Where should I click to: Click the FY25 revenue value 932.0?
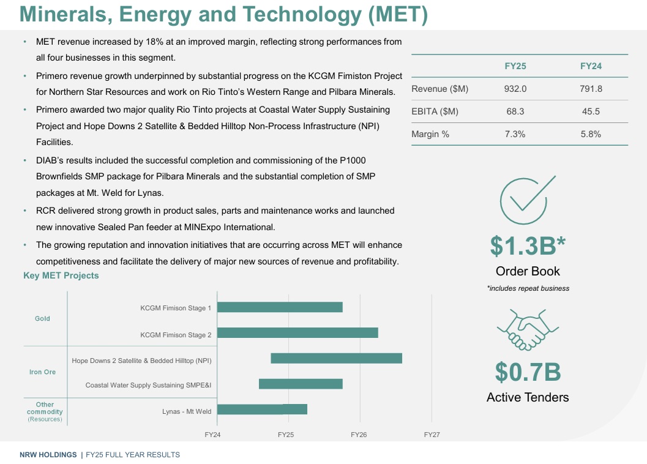(x=515, y=89)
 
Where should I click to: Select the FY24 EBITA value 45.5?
(x=591, y=111)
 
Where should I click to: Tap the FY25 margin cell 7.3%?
(x=515, y=134)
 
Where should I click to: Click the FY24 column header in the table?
(x=591, y=66)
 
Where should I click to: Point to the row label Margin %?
(x=430, y=134)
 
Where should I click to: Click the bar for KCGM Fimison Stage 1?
(x=280, y=307)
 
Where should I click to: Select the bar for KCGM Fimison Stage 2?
(x=297, y=333)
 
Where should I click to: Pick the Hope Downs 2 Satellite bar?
(x=337, y=359)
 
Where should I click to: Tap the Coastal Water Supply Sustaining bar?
(x=301, y=384)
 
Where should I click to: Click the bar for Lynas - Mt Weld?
(x=262, y=410)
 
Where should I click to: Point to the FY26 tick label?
(x=359, y=435)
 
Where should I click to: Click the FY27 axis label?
(x=432, y=435)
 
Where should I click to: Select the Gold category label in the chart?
(x=42, y=318)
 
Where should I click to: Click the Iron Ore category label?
(x=42, y=372)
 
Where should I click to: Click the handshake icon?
(x=527, y=330)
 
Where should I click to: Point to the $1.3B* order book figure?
(x=527, y=245)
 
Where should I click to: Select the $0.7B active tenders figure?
(x=528, y=372)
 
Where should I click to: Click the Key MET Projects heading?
(x=61, y=275)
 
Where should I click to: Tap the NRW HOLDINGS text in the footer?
(x=48, y=455)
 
